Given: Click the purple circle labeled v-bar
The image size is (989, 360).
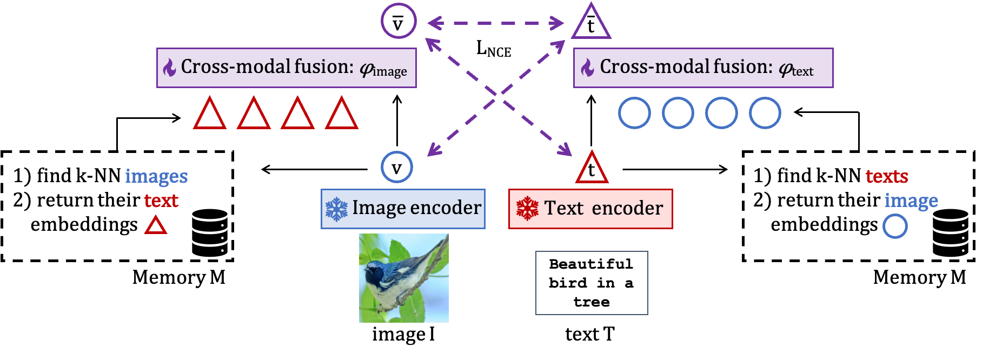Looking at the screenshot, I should (x=399, y=21).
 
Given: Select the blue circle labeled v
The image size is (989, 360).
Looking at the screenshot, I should (x=397, y=167).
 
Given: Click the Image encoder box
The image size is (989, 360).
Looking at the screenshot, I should (x=403, y=209).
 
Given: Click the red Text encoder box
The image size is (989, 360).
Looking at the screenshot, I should (x=590, y=209).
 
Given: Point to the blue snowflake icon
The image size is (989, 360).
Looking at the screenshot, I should (x=336, y=209).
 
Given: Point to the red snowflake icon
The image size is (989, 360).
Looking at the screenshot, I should (x=527, y=209).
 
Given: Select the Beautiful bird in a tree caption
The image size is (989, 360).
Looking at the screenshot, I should (x=592, y=283).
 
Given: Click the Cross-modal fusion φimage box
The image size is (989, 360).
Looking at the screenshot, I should (x=286, y=68).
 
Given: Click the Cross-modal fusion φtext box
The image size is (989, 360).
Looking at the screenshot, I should (x=703, y=68).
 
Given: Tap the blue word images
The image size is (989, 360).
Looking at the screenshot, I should (x=156, y=176).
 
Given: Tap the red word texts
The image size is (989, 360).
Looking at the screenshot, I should (x=886, y=176).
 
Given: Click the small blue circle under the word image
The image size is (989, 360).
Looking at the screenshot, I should (x=895, y=226).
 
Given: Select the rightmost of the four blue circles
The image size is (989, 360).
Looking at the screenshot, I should (x=765, y=113).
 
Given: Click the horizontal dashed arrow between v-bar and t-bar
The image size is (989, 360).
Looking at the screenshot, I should (x=495, y=23).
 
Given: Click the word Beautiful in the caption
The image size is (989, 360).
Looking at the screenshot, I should (x=590, y=264).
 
